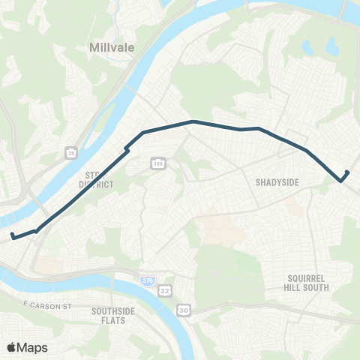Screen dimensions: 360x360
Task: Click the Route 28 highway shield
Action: coord(70,152)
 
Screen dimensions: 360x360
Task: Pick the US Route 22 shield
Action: coord(164,290)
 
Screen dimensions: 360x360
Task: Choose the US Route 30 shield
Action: coord(183,309)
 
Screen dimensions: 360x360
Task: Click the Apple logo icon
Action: coord(13,347)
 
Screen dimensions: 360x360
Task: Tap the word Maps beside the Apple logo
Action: coord(34,347)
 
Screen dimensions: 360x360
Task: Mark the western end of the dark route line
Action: coord(12,237)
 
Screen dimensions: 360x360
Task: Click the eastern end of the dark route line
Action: coord(347,172)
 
